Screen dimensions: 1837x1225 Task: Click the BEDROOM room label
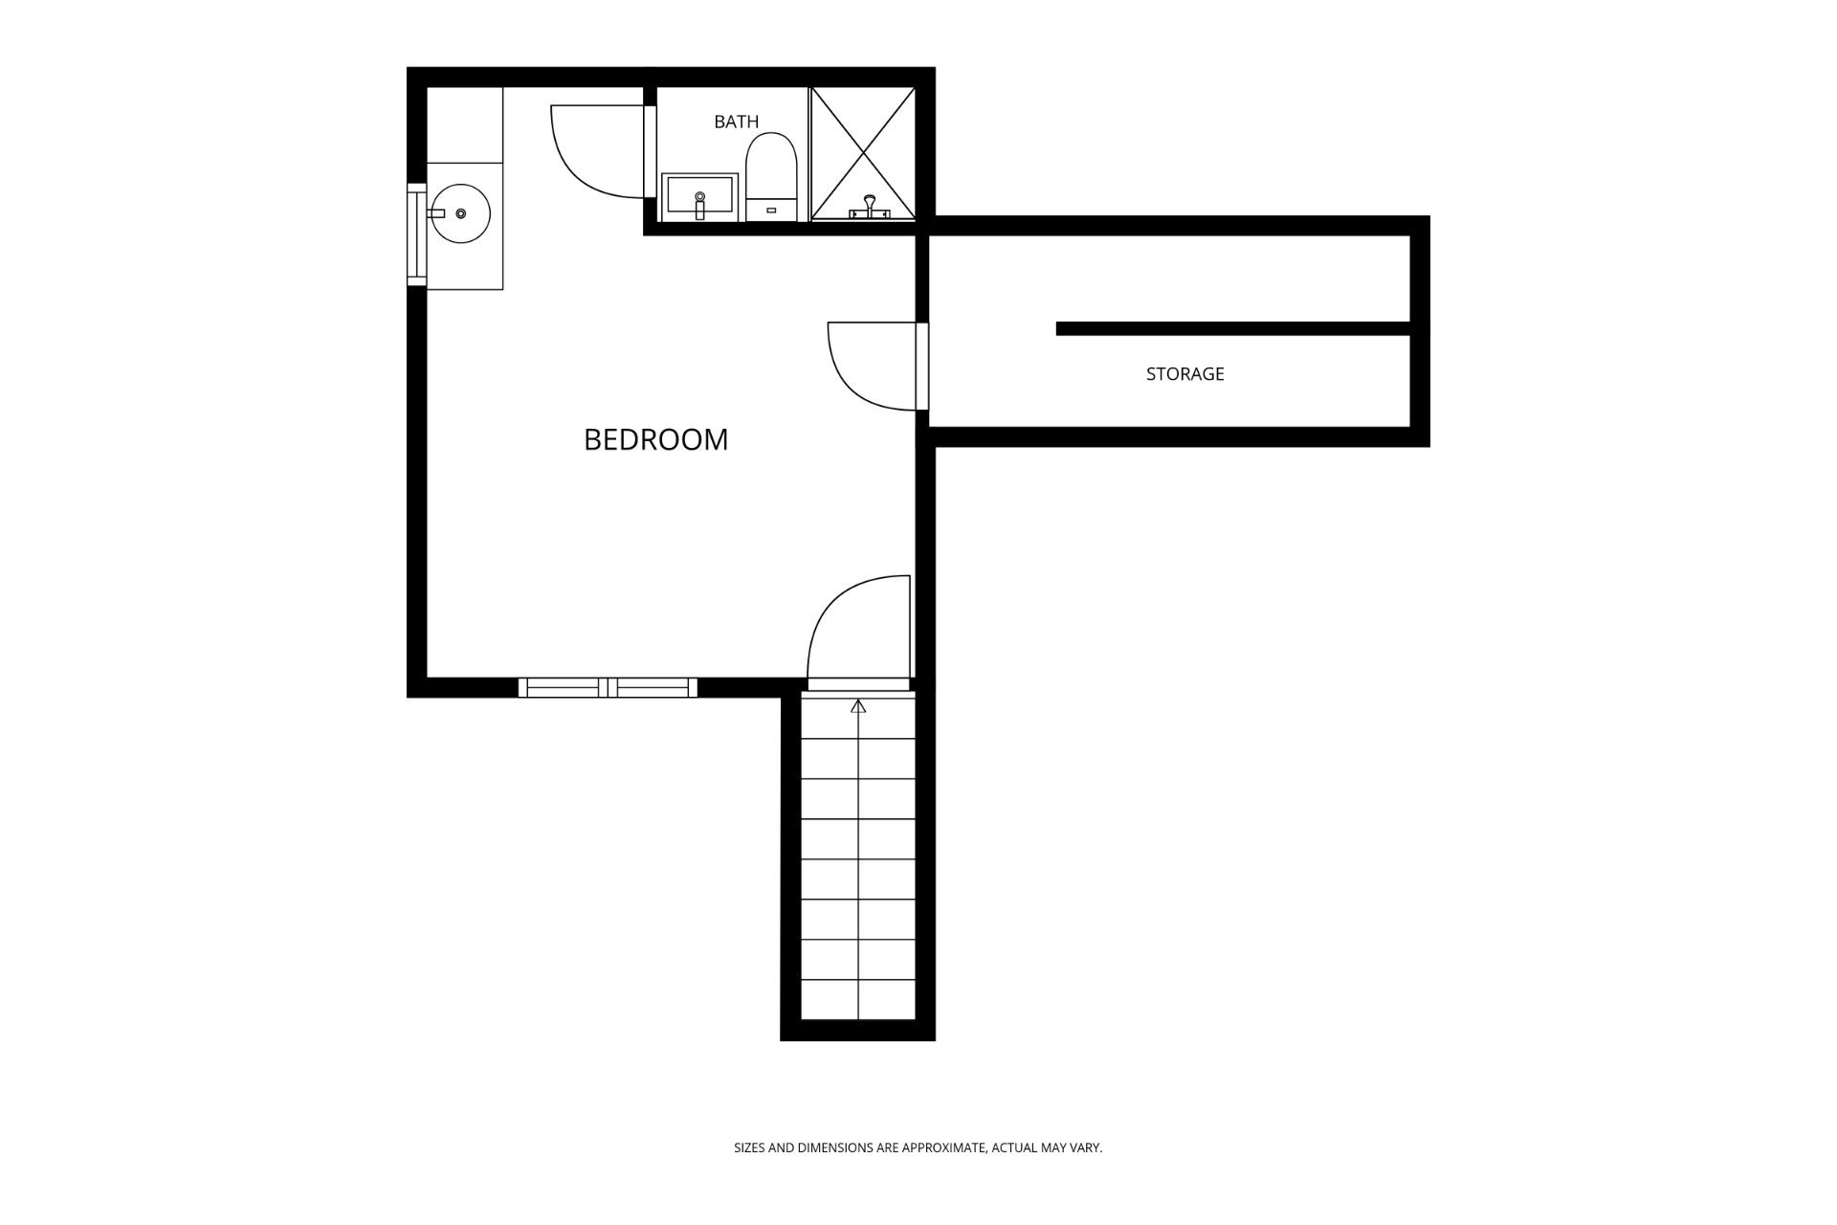click(655, 439)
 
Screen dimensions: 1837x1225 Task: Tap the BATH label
click(736, 122)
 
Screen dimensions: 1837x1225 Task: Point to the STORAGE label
click(1184, 374)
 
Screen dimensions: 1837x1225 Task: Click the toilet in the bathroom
click(771, 177)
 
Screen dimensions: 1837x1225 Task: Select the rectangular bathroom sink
click(699, 197)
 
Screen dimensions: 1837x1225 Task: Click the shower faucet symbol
click(869, 208)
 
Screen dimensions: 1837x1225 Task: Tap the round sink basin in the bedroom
click(460, 213)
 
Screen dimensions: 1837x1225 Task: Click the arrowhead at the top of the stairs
click(858, 706)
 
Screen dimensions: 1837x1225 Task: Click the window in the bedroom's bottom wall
click(608, 687)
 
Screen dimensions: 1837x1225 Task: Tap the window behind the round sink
click(417, 234)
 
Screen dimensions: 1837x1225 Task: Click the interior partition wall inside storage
click(1233, 328)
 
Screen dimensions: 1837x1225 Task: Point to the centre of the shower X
click(863, 153)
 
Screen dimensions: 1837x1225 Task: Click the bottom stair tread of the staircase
click(858, 1000)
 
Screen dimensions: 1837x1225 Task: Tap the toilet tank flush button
click(771, 210)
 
